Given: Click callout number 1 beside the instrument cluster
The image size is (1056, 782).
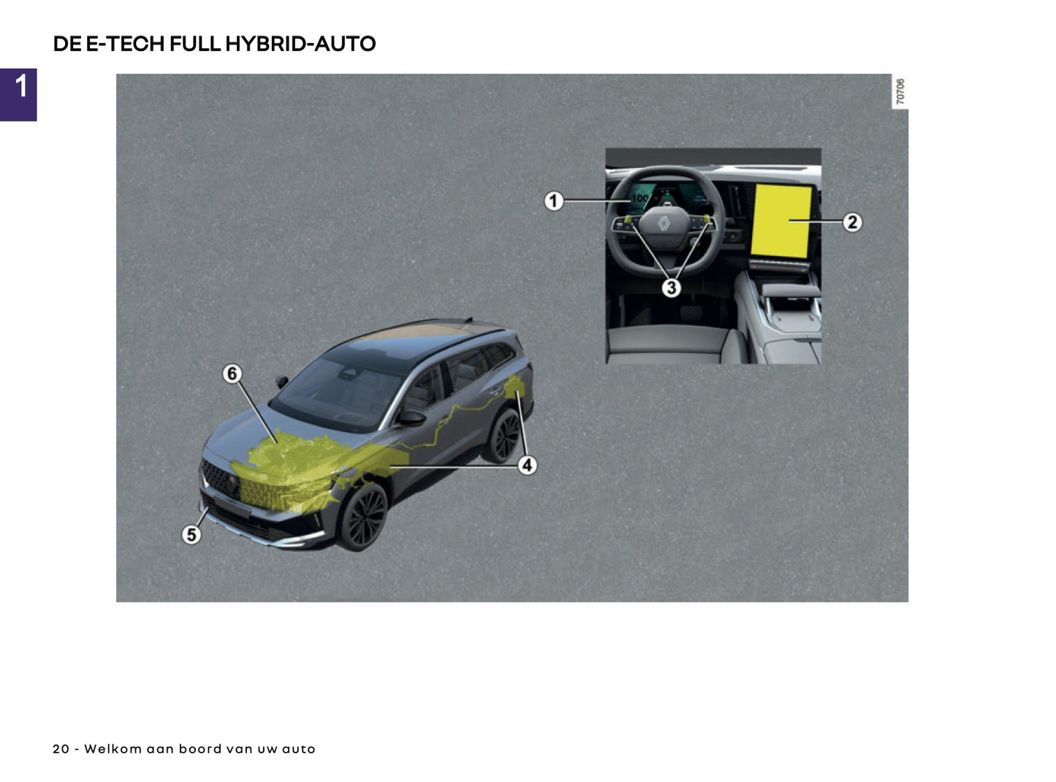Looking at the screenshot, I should [x=554, y=200].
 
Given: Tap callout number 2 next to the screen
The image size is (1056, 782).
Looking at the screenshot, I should [x=852, y=222].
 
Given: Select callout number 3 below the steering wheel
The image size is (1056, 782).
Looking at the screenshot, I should [x=671, y=288].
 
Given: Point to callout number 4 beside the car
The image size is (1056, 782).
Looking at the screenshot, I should [x=527, y=465].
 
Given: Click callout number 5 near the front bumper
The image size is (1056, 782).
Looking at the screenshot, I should [x=191, y=535].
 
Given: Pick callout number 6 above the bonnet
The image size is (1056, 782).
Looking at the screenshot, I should [x=232, y=373].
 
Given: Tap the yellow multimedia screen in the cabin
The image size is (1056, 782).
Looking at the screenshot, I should [x=781, y=221].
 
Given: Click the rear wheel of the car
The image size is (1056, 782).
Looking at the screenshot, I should [x=504, y=436].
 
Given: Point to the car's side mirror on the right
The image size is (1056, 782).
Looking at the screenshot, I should [x=411, y=418].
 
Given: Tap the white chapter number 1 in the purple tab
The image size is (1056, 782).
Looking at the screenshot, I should [x=21, y=86].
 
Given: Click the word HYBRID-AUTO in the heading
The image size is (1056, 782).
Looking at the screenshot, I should [x=300, y=44].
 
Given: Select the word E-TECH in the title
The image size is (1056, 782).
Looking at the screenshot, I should [x=125, y=44].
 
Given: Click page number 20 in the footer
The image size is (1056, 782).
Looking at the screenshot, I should [x=61, y=749].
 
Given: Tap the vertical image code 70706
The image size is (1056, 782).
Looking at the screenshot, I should [x=900, y=91].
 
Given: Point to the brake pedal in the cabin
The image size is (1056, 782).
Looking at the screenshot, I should [x=691, y=314].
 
